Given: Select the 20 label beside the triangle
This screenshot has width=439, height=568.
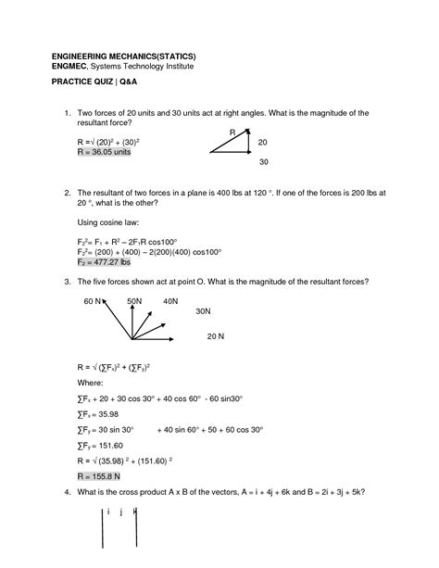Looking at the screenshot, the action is click(x=262, y=143).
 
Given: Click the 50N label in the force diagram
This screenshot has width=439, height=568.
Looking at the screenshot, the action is click(x=134, y=302).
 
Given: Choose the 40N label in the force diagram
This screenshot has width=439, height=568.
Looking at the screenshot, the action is click(x=169, y=302).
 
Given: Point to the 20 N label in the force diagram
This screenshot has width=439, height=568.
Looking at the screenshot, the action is click(x=216, y=334).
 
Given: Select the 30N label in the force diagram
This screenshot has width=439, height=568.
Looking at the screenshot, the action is click(x=204, y=313).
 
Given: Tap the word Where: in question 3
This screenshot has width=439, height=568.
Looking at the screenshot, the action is click(x=90, y=382).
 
